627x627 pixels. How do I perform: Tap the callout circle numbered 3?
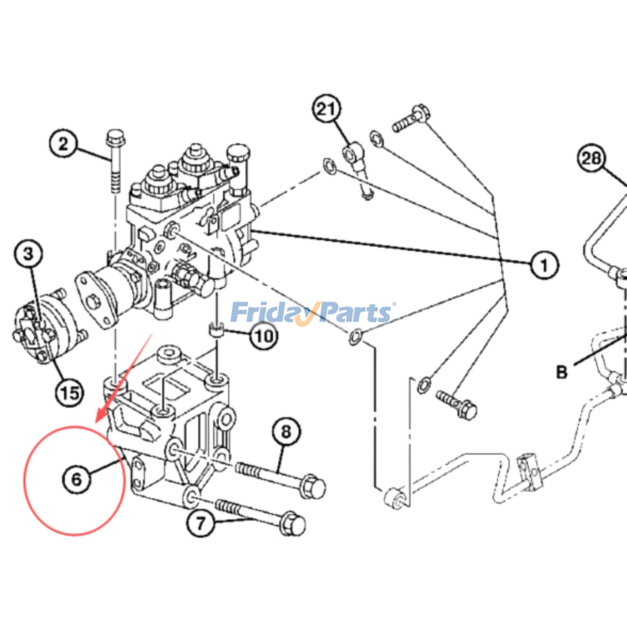click(x=28, y=254)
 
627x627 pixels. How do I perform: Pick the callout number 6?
click(x=76, y=478)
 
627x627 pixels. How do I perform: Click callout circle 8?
click(x=286, y=431)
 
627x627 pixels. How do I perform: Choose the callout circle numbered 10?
click(x=264, y=336)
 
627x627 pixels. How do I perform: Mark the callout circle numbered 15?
click(x=70, y=392)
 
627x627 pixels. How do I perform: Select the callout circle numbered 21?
click(x=326, y=109)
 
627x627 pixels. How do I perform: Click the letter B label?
click(x=562, y=371)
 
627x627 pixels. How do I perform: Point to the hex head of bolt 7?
click(x=294, y=524)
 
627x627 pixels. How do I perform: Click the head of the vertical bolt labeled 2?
click(x=114, y=137)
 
